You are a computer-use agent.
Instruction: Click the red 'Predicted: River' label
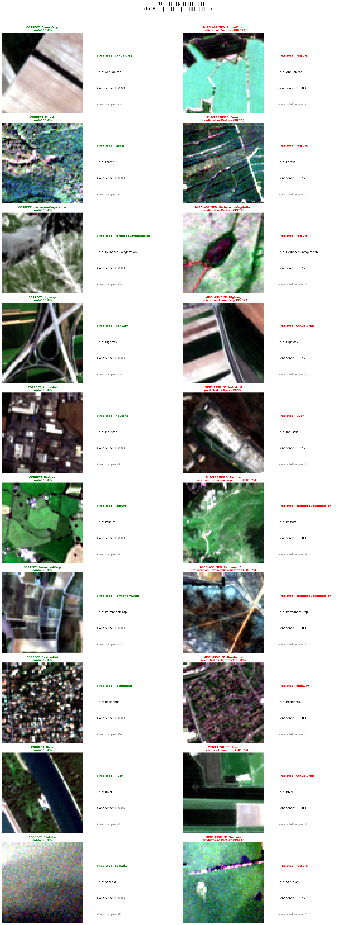point(291,416)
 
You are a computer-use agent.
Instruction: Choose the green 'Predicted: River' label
point(110,776)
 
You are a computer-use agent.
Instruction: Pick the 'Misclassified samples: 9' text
point(292,464)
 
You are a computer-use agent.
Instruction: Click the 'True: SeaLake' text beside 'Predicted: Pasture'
point(288,882)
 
